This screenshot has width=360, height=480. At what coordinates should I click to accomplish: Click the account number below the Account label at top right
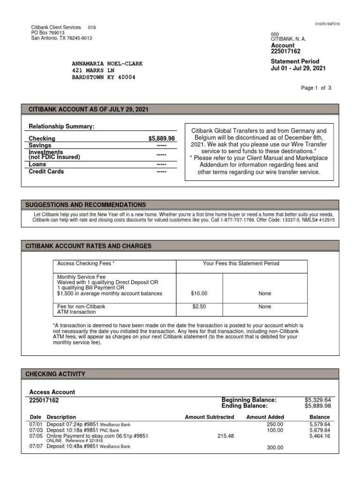coord(285,52)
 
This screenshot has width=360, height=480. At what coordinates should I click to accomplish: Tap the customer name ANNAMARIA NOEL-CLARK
coord(107,64)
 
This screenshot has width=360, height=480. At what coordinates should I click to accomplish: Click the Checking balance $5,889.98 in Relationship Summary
coord(161,139)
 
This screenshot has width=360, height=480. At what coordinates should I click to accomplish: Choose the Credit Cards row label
coord(46,172)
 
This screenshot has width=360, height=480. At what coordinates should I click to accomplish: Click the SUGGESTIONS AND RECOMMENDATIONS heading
coord(85,205)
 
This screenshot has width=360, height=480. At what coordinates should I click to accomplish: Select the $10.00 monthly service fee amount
coord(199,293)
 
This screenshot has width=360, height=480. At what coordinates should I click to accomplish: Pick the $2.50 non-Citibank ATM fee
coord(199,307)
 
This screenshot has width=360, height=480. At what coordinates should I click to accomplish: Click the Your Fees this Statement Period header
coord(241,263)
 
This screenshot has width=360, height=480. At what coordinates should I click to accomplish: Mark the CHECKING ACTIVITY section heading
coord(55,374)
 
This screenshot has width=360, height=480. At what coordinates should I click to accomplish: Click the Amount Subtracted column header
coord(209,417)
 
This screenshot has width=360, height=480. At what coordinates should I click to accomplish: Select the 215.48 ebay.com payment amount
coord(225,436)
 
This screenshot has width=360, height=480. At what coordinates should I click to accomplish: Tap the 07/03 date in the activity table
coord(36,430)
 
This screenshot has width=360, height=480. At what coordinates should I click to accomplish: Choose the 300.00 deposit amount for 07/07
coord(275,448)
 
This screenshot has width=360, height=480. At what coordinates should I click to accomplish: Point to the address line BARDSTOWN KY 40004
coord(103,77)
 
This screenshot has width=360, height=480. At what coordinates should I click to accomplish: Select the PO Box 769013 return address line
coord(48,33)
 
